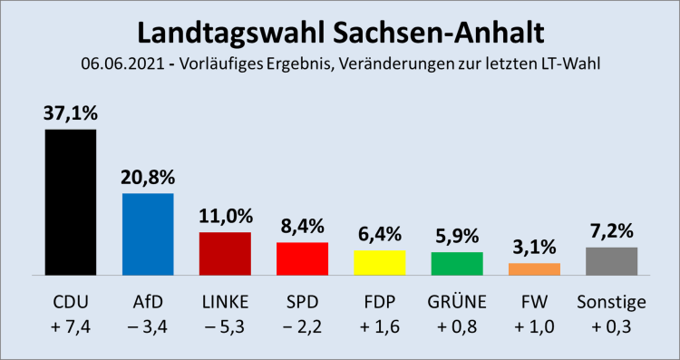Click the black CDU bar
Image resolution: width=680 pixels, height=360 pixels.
(70, 201)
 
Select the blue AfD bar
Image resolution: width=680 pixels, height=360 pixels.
(148, 234)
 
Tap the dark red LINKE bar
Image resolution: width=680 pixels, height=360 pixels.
(225, 253)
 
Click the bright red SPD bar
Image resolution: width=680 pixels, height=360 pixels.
(302, 258)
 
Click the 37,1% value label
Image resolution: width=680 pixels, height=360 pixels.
(71, 114)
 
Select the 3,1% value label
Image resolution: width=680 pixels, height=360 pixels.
(534, 248)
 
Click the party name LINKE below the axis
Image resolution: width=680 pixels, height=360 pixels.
(225, 301)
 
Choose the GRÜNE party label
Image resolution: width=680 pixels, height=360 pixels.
(457, 301)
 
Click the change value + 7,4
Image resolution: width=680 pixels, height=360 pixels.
(71, 326)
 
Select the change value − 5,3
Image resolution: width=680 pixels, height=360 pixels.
(225, 326)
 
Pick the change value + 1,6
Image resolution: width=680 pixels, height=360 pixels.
(379, 326)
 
